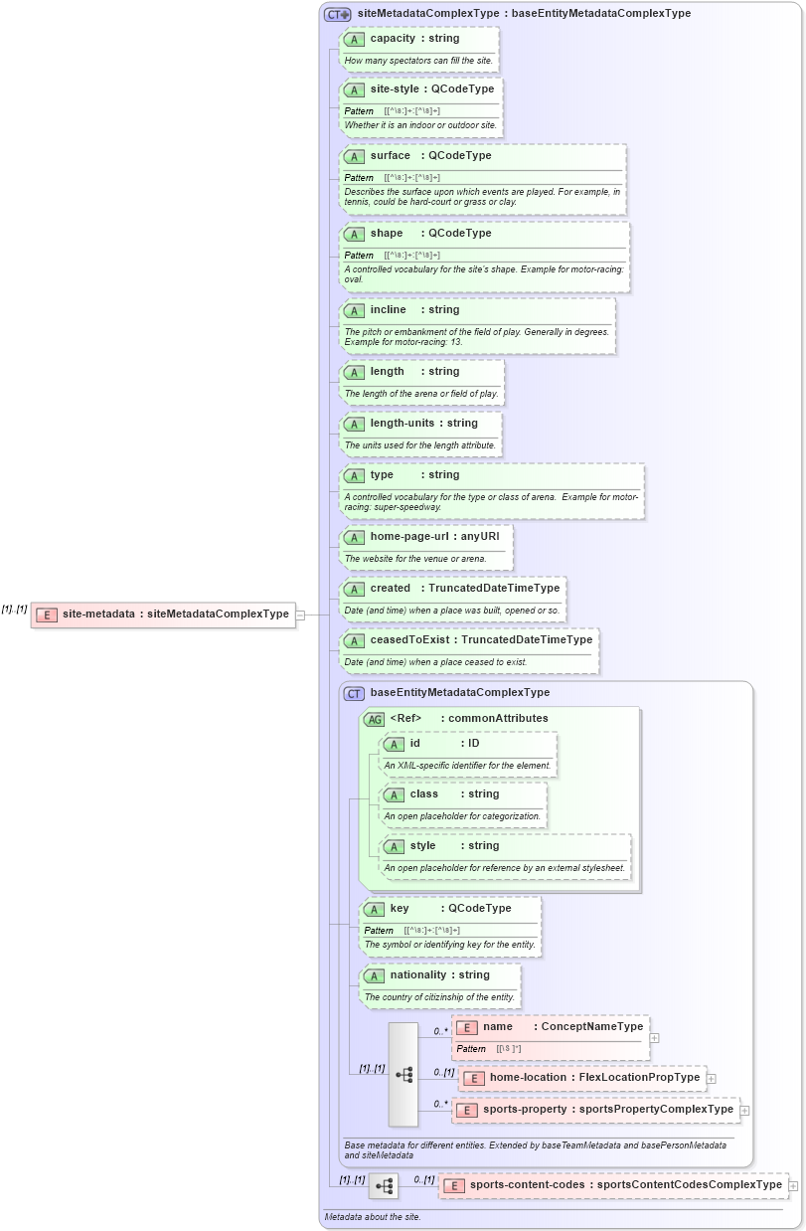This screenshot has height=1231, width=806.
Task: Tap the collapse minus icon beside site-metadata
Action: tap(300, 615)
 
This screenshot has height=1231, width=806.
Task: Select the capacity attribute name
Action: tap(393, 38)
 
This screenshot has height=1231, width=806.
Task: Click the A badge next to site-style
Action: tap(354, 89)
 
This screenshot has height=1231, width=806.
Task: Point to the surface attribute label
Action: tap(390, 155)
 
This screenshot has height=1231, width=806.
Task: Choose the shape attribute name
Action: tap(387, 233)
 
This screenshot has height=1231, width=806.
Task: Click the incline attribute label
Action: tap(388, 309)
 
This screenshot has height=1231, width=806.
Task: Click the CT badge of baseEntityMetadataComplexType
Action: tap(354, 693)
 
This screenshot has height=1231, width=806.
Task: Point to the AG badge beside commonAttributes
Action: tap(374, 719)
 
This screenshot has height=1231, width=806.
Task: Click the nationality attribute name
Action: tap(417, 974)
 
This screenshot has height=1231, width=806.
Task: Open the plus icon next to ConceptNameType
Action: tap(654, 1038)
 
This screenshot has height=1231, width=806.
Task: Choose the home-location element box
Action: tap(582, 1078)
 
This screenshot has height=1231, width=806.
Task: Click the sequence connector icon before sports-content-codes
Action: tap(384, 1186)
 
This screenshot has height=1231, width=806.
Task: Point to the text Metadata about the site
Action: tap(373, 1217)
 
